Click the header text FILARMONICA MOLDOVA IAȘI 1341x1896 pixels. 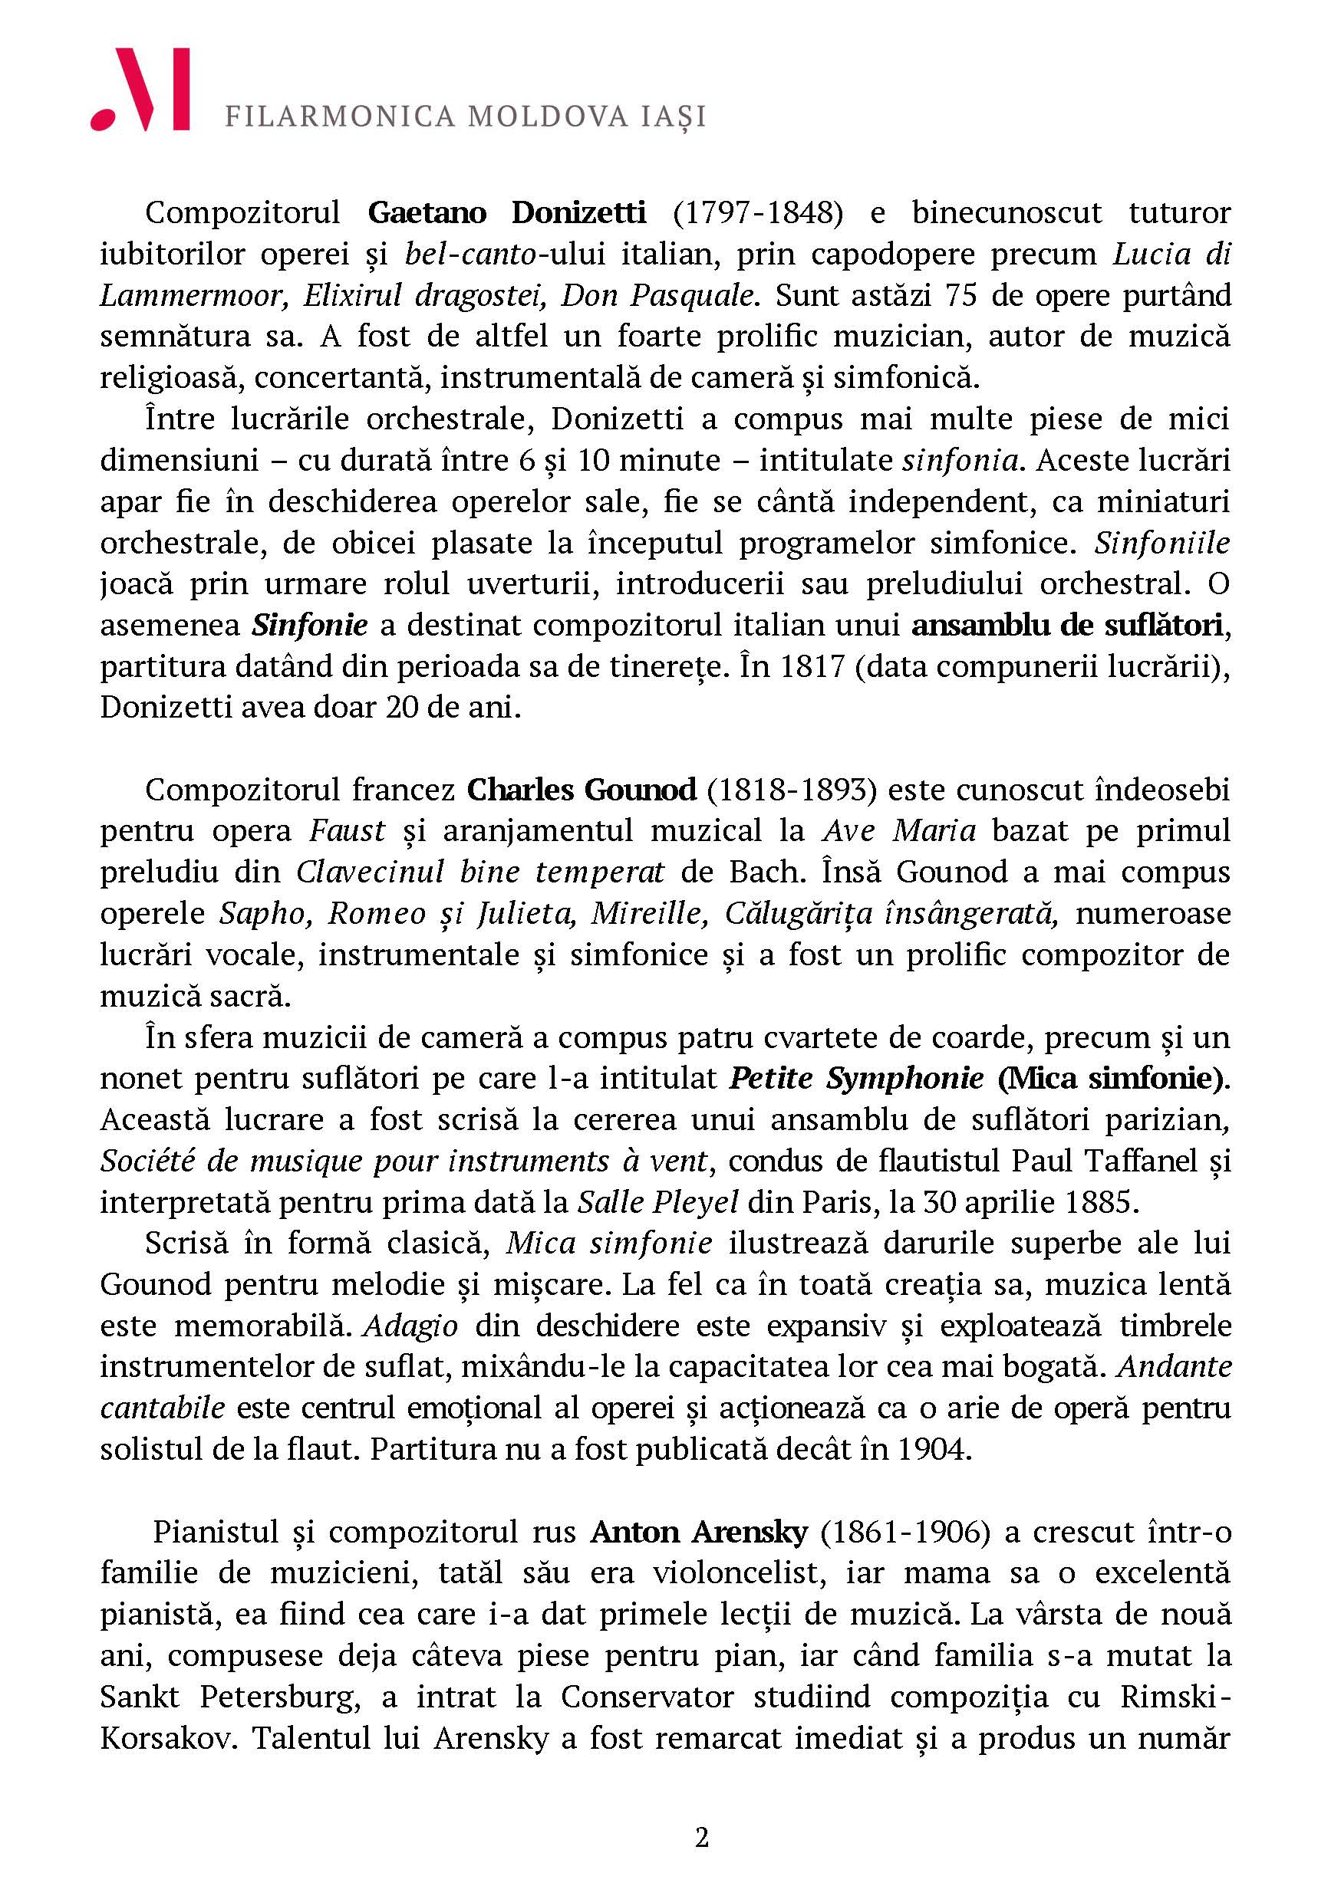pyautogui.click(x=465, y=117)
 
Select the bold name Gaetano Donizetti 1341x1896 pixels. pyautogui.click(x=506, y=213)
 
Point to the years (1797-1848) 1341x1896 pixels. pyautogui.click(x=757, y=213)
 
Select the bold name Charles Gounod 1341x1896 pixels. pyautogui.click(x=582, y=790)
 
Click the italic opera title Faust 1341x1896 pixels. pyautogui.click(x=347, y=831)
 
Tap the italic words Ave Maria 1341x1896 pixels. pyautogui.click(x=899, y=831)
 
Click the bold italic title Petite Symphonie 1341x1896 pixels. pyautogui.click(x=857, y=1079)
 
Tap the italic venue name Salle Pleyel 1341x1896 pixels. pyautogui.click(x=657, y=1202)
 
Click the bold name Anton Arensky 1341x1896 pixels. pyautogui.click(x=699, y=1533)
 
